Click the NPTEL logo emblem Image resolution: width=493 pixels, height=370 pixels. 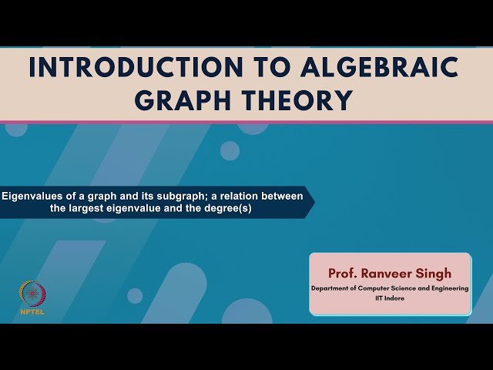(31, 293)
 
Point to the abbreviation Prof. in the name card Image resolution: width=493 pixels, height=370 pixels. (344, 273)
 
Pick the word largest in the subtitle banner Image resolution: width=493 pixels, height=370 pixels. (96, 208)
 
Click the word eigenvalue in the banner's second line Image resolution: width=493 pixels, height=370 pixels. (144, 208)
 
